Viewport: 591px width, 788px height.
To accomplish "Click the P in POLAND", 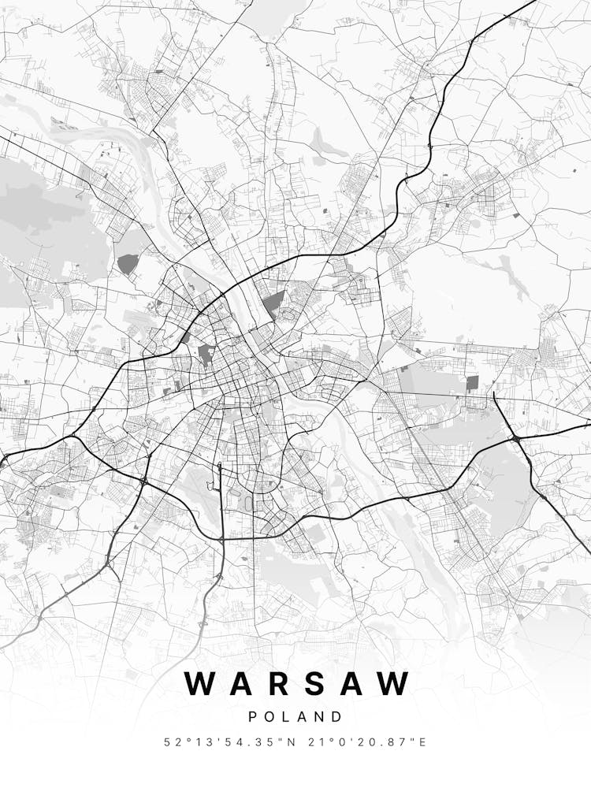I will pyautogui.click(x=253, y=717).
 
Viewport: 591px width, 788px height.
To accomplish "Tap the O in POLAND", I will pyautogui.click(x=271, y=717).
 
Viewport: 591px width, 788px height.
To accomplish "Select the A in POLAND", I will pyautogui.click(x=303, y=717).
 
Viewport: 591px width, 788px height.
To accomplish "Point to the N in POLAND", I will pyautogui.click(x=321, y=717).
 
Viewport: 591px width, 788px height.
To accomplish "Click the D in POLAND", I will pyautogui.click(x=338, y=717).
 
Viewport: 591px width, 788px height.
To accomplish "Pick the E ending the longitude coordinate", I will pyautogui.click(x=423, y=742).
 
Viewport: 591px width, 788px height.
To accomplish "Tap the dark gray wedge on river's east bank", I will pyautogui.click(x=274, y=304).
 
